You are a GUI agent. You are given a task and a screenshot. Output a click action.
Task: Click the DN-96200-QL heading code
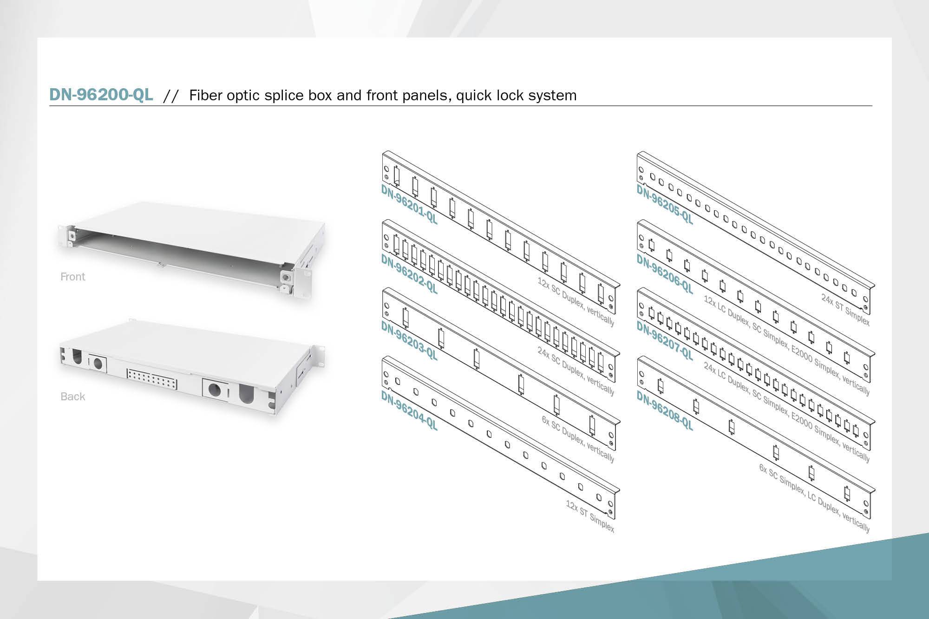point(101,94)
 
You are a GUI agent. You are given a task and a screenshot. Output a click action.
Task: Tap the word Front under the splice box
point(73,277)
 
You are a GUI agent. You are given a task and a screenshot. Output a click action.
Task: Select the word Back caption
point(73,397)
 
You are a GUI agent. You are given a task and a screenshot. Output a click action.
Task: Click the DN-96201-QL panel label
point(409,204)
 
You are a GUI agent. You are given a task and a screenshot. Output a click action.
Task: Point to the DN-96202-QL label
point(409,274)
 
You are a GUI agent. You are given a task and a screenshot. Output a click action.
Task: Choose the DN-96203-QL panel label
point(409,340)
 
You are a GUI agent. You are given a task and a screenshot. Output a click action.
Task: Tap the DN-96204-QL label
point(409,410)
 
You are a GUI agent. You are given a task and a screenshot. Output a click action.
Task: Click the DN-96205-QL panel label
point(665,204)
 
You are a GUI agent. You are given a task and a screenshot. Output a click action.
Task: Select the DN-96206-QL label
point(665,274)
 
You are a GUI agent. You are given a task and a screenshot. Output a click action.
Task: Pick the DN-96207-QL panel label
point(665,341)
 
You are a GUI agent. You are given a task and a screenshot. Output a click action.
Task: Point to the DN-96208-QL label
point(665,410)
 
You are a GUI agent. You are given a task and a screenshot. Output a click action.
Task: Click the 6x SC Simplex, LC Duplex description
point(814,497)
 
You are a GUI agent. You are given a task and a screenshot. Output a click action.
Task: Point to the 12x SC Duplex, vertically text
point(576,302)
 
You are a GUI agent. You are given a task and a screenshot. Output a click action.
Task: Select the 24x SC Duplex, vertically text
point(576,371)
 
